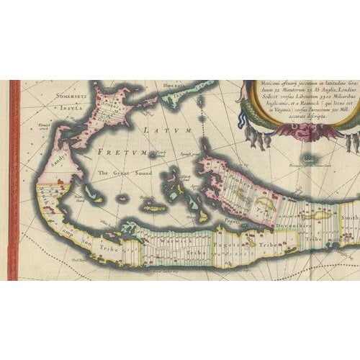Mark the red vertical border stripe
pyautogui.click(x=13, y=180)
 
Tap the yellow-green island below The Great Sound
pyautogui.click(x=153, y=207)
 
